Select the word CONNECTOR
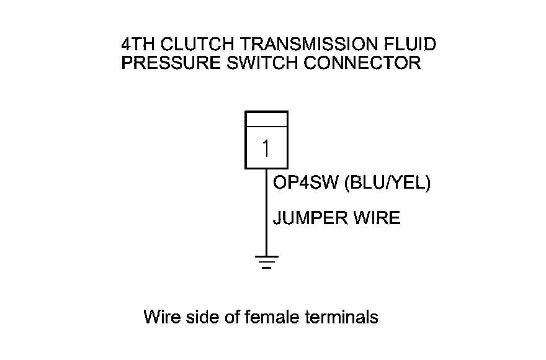coord(360,63)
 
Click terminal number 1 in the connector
coord(266,148)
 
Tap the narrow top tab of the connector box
coord(266,119)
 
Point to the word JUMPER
coord(309,218)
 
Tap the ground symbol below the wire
coord(266,263)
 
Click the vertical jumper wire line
coord(266,211)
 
